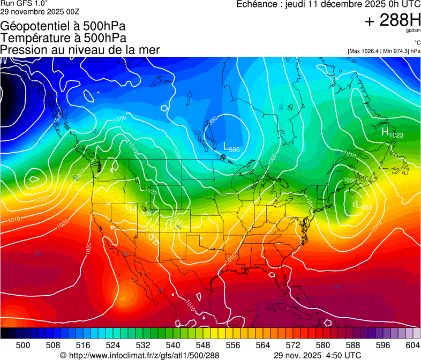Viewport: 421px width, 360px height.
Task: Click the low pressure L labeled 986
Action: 227,145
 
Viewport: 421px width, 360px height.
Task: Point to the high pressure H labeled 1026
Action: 133,210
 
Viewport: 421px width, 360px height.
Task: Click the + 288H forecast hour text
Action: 392,20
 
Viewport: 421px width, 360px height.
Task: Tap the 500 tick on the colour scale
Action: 23,344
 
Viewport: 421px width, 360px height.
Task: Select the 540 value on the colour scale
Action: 173,344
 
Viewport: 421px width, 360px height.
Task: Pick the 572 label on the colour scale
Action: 292,344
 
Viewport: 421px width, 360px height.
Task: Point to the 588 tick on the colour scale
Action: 352,344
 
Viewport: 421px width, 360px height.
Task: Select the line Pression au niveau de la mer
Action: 80,50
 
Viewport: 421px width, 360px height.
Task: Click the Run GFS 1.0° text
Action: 24,3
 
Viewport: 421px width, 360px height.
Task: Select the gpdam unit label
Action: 412,31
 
